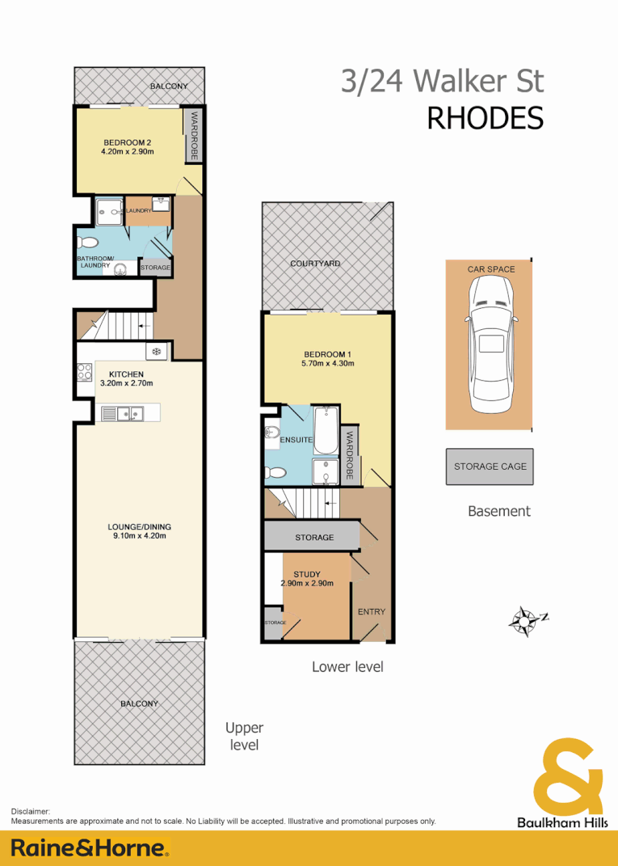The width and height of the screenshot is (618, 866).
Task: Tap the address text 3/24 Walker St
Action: [442, 82]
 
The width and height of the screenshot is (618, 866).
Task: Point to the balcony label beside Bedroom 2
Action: [169, 87]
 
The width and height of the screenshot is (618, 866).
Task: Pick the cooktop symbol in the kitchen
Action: [84, 372]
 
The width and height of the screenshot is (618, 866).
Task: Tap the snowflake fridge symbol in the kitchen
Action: [156, 351]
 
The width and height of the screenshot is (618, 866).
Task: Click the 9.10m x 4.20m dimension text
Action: [139, 536]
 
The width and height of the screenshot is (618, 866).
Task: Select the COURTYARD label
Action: [315, 264]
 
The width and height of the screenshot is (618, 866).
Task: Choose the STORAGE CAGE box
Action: [490, 467]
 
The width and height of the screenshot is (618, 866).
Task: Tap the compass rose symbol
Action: [525, 620]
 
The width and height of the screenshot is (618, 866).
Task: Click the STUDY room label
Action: [306, 574]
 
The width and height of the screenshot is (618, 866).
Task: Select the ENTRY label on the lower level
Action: [372, 611]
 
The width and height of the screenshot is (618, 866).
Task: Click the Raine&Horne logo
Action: [90, 847]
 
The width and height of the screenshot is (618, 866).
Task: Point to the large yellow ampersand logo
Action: [568, 776]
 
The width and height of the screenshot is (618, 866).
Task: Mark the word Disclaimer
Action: [32, 811]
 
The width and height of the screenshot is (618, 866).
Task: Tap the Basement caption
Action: [499, 511]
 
